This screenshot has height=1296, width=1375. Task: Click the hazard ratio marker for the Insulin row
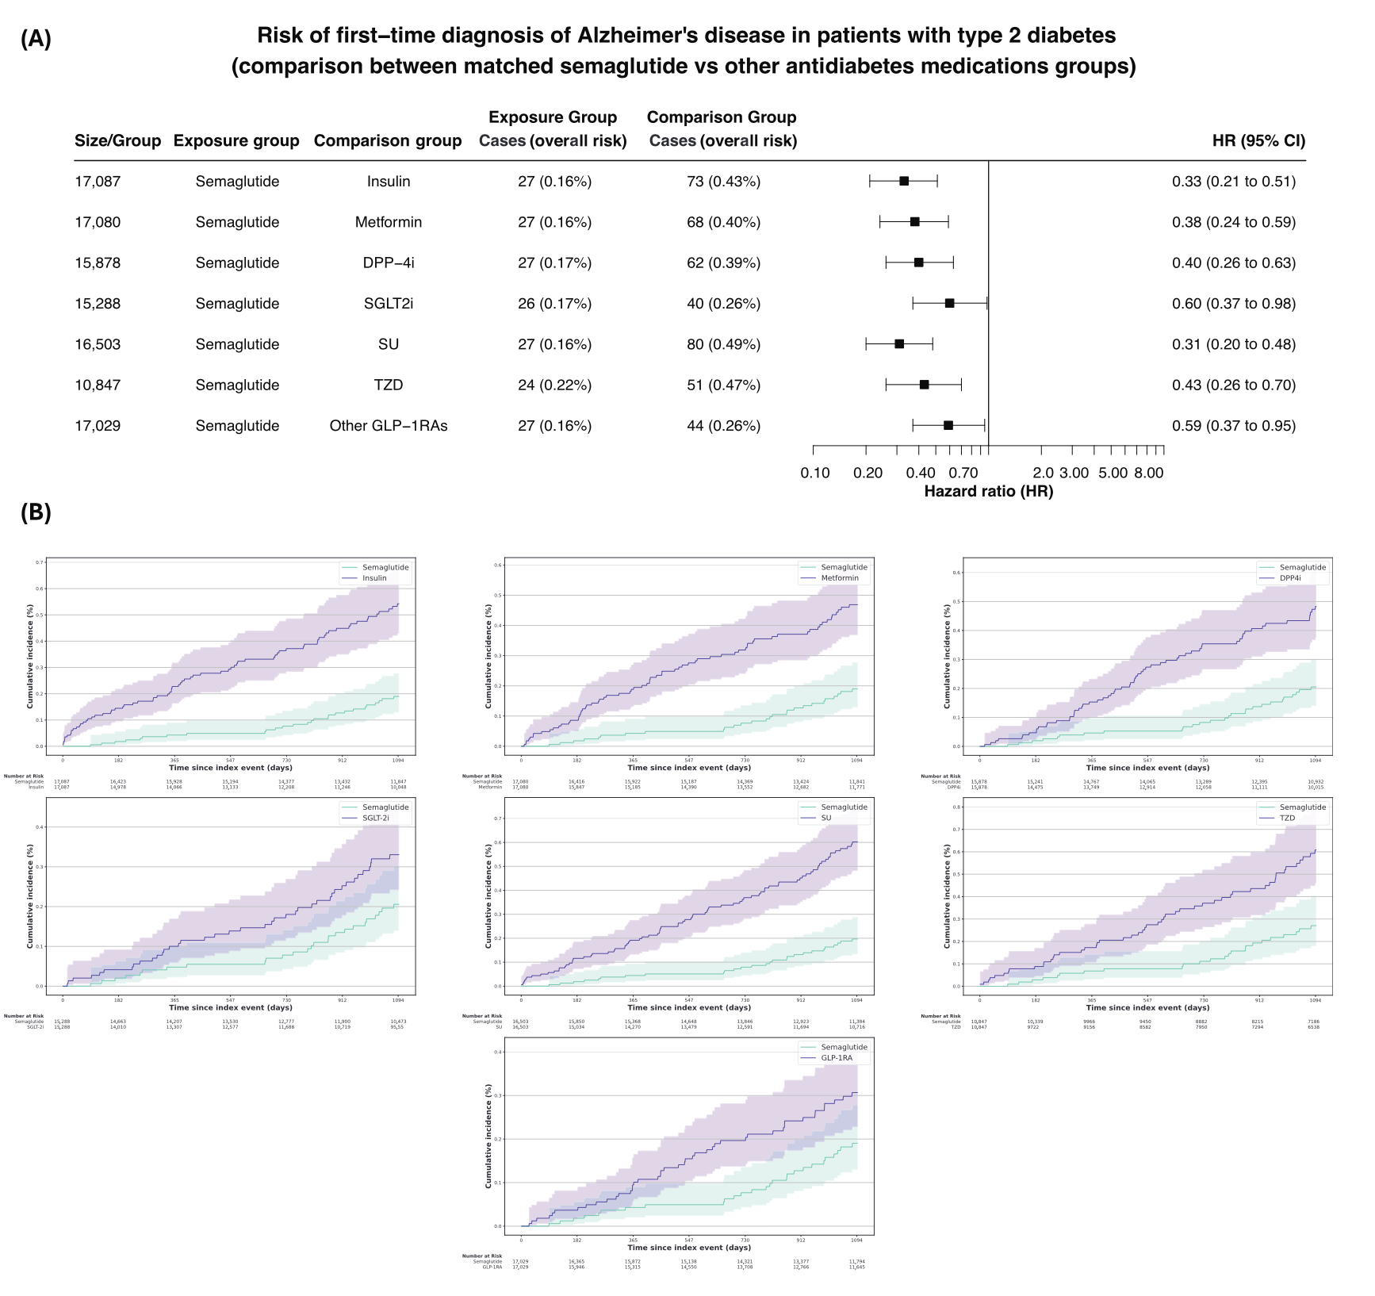click(x=904, y=181)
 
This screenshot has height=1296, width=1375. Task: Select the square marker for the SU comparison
click(x=899, y=344)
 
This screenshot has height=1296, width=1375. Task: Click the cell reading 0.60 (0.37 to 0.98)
click(x=1234, y=304)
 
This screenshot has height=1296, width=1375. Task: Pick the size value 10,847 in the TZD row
click(x=98, y=385)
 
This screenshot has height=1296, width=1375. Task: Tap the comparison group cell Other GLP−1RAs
click(x=389, y=426)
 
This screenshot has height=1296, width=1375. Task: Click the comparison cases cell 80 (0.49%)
click(x=723, y=344)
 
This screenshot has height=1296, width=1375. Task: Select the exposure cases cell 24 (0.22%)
click(x=554, y=385)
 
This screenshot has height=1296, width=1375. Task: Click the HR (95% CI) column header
click(x=1258, y=141)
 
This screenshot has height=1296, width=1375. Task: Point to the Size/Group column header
click(x=117, y=141)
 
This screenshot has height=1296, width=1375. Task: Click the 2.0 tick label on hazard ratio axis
click(x=1043, y=474)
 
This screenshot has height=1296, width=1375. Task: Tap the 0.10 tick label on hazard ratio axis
click(x=815, y=474)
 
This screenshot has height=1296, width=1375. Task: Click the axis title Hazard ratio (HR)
click(x=988, y=492)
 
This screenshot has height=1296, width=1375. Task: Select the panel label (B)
click(x=36, y=512)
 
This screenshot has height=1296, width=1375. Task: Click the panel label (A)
click(x=36, y=39)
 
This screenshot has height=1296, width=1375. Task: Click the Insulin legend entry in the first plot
click(x=374, y=578)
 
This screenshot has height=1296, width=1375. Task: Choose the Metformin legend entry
click(x=839, y=578)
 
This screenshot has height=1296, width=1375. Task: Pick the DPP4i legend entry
click(x=1290, y=578)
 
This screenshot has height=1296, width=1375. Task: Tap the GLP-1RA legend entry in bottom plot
click(x=837, y=1058)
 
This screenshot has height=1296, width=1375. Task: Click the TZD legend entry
click(x=1287, y=818)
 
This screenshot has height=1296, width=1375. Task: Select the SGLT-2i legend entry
click(x=375, y=818)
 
